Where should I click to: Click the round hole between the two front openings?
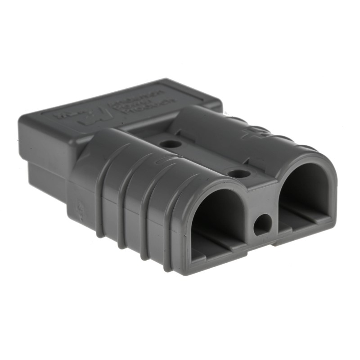(263, 223)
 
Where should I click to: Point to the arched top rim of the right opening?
(306, 157)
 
